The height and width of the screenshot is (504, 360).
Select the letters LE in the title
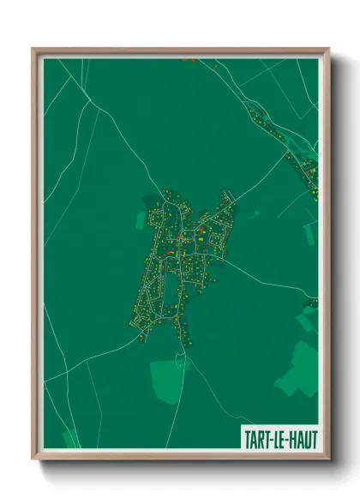[279, 439]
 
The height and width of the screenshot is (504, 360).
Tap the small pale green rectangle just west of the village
[141, 220]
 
